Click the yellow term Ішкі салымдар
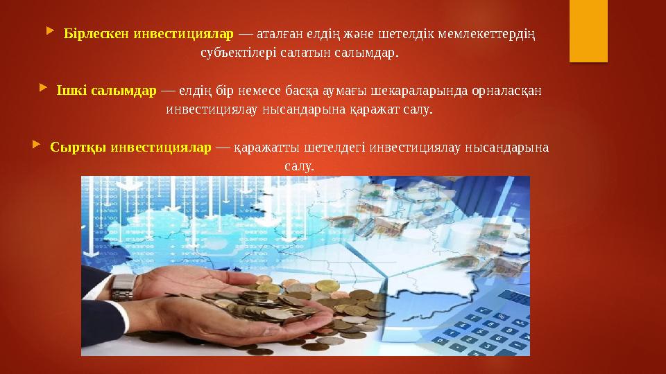106,91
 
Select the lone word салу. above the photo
299,167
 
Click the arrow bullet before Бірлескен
47,32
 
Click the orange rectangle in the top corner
588,31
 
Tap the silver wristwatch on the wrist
123,286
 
